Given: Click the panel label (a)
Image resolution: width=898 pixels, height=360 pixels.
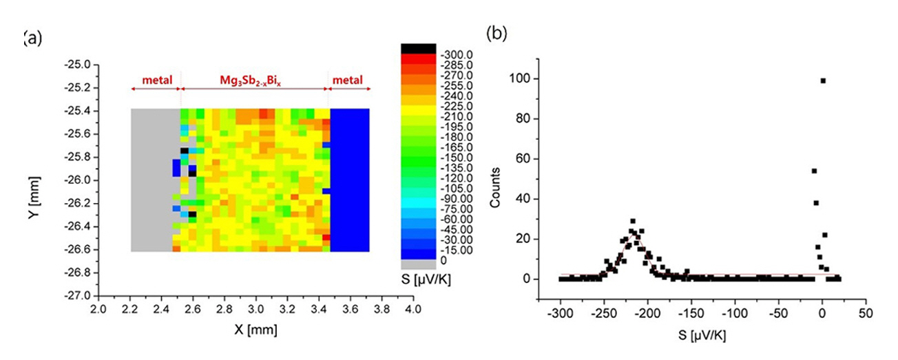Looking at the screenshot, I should point(33,39).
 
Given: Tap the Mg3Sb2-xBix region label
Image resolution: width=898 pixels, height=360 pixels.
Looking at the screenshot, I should point(251,81).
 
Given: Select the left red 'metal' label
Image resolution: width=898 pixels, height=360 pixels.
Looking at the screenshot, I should point(156,81).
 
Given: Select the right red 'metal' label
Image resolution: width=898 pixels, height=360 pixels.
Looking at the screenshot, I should point(350,81).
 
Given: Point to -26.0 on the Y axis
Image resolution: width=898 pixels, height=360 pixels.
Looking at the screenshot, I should point(77,180).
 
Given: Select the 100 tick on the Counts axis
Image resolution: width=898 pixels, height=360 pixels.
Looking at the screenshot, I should point(522,79).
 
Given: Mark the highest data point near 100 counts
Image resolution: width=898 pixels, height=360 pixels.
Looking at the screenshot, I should point(823,81).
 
